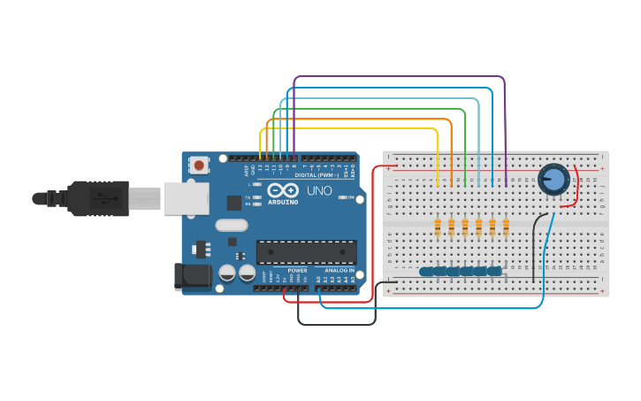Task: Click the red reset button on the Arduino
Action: [x=200, y=165]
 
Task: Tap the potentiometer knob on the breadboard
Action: [x=553, y=180]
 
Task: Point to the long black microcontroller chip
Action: [x=307, y=251]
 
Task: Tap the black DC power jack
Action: [x=194, y=276]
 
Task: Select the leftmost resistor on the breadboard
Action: [x=438, y=228]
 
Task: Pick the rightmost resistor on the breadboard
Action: [x=506, y=228]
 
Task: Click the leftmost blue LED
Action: [x=427, y=272]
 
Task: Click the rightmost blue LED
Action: [x=494, y=272]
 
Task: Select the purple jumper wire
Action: [x=398, y=77]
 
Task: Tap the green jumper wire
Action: [x=371, y=109]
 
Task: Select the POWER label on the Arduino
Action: [x=297, y=270]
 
